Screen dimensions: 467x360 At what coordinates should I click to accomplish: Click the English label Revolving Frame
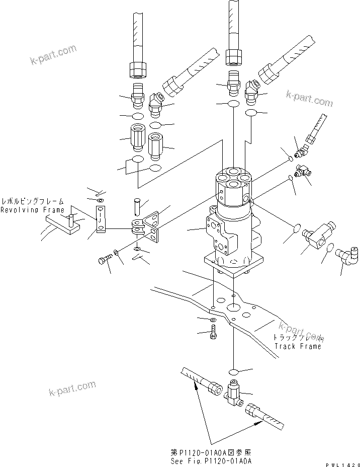tap(32, 210)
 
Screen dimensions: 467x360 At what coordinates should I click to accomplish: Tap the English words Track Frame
tap(297, 346)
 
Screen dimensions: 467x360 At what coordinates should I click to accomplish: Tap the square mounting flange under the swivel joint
tap(233, 264)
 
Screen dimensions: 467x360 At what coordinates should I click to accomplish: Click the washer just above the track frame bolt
tap(214, 320)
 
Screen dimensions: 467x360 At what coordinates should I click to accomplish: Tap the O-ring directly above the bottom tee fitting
tap(233, 372)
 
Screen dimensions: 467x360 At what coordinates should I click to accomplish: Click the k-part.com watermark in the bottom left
tap(72, 389)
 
